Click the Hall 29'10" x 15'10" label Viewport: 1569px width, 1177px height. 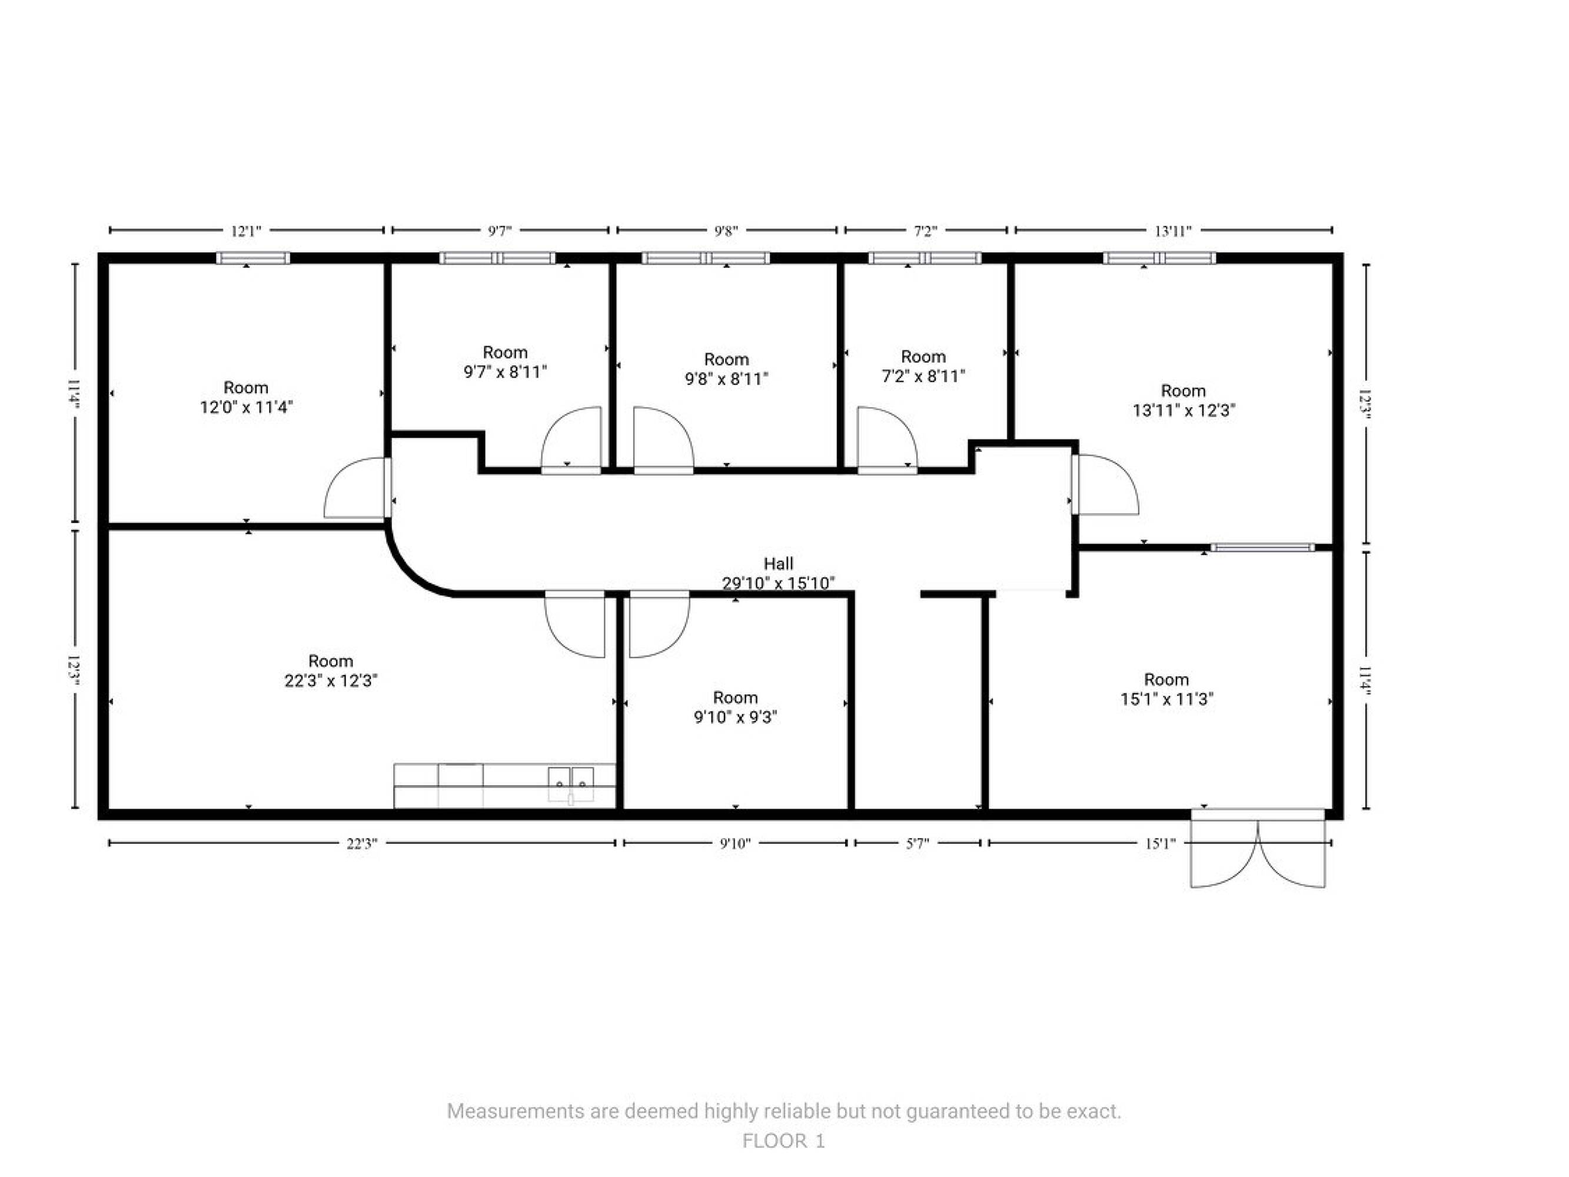(778, 573)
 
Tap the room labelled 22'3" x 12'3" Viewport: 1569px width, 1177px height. (331, 670)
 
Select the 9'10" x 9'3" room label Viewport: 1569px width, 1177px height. (735, 707)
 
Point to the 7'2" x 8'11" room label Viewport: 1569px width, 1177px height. (923, 366)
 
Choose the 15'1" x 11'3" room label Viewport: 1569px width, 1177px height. (1166, 689)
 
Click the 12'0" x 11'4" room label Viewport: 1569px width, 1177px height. (246, 397)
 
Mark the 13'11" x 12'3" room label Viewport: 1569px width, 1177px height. (1183, 400)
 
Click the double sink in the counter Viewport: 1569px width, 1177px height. (571, 784)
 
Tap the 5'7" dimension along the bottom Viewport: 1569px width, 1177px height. (917, 843)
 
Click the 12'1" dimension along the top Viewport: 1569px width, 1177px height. (246, 231)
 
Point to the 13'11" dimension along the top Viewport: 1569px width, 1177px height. (1173, 231)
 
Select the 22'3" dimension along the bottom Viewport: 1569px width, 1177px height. (362, 843)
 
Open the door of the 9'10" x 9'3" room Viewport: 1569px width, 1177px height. (659, 624)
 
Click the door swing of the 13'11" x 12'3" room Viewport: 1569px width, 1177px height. (1105, 484)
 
